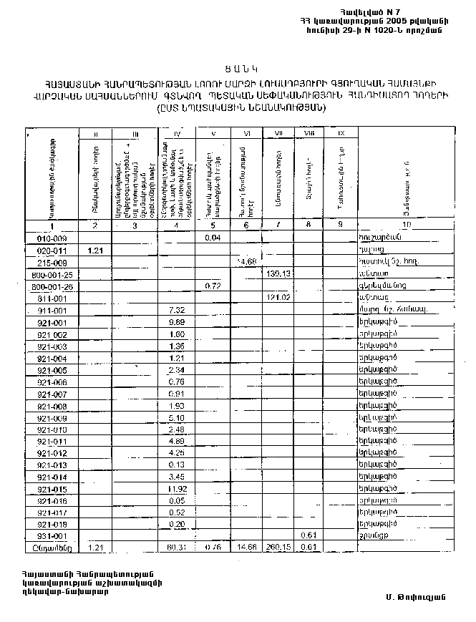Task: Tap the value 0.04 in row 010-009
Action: point(213,238)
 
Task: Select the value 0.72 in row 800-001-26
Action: point(213,286)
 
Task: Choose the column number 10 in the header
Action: point(407,226)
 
